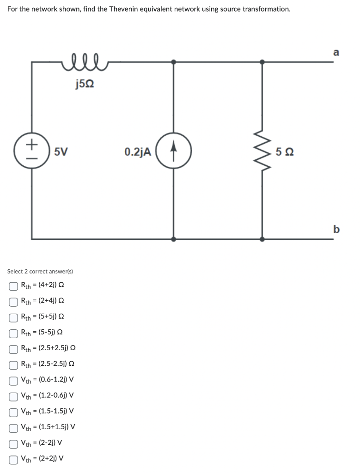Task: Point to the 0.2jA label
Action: (137, 152)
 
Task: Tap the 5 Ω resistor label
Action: (285, 152)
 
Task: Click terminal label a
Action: (336, 52)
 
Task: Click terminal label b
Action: (336, 229)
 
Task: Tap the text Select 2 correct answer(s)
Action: (40, 271)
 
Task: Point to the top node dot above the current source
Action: (173, 61)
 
